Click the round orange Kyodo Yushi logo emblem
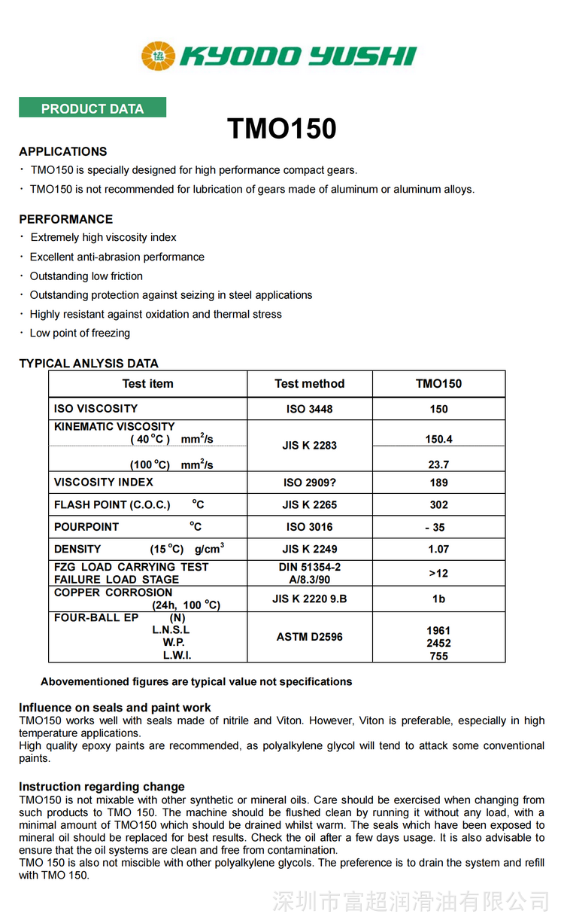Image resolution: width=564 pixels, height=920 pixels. pos(158,56)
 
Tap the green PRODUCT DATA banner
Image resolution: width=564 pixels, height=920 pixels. pos(92,108)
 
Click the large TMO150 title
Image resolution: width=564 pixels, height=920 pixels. pos(282,129)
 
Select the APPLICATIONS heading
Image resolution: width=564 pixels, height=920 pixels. pos(63,151)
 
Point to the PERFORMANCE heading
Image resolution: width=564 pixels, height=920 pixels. pos(66,219)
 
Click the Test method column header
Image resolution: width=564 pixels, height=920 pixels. pos(309,383)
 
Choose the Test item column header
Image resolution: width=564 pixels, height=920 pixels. pos(147,383)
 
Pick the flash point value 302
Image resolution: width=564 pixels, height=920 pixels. pos(438,504)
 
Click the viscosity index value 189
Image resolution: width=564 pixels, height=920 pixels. pos(438,483)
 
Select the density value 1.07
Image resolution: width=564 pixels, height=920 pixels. pos(438,550)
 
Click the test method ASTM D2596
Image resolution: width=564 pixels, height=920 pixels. pos(309,637)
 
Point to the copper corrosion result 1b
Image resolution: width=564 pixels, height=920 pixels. pos(438,599)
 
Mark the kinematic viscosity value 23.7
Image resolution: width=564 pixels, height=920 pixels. pos(438,465)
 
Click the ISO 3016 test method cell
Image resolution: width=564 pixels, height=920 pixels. pos(309,527)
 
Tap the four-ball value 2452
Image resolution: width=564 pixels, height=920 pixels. pos(438,643)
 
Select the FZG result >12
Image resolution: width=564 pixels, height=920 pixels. pos(438,574)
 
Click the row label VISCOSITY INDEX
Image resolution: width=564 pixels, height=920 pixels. pos(104,482)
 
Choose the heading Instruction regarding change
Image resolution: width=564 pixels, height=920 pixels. pos(102,787)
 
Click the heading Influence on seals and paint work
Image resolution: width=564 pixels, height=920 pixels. pos(115,708)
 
